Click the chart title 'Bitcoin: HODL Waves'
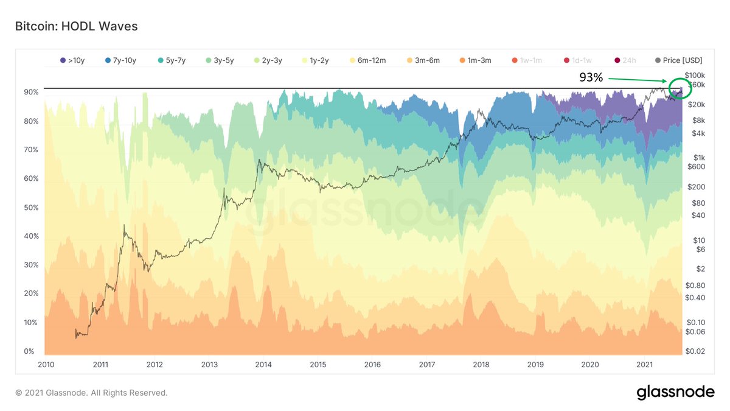[76, 26]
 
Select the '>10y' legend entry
[72, 60]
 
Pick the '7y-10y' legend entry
[120, 60]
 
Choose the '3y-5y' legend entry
[221, 60]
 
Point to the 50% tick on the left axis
[31, 208]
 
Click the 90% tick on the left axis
[31, 92]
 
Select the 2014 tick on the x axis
[263, 365]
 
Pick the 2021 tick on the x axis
[644, 365]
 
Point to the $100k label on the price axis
[694, 74]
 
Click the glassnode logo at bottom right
[675, 393]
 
